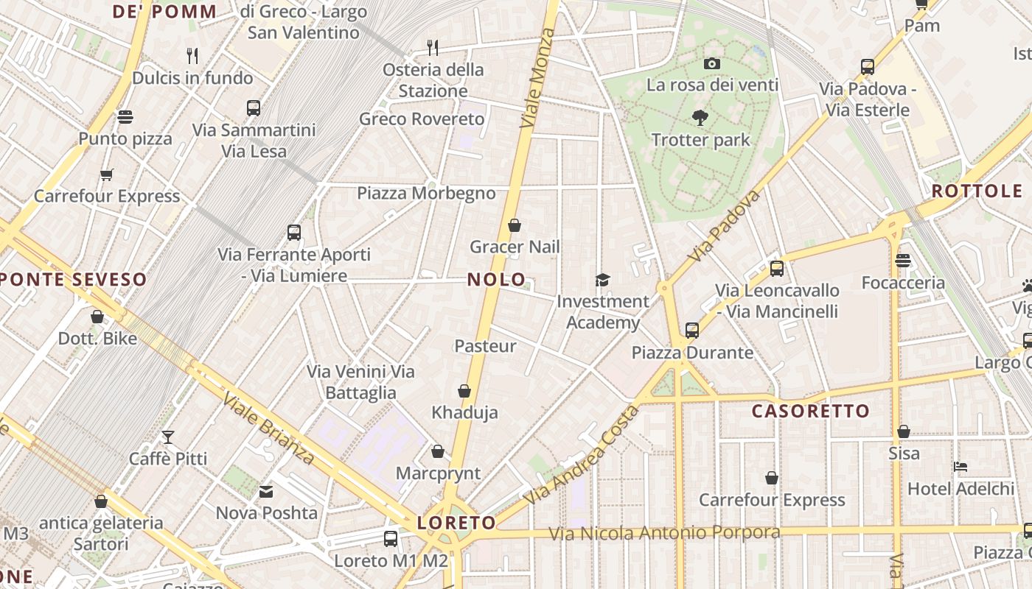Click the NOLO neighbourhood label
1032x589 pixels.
[497, 280]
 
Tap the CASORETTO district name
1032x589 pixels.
[811, 411]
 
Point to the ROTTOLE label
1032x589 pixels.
[977, 191]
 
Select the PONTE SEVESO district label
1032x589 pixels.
[74, 280]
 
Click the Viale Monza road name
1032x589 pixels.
[537, 79]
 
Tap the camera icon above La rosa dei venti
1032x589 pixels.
[711, 64]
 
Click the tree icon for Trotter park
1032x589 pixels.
[700, 117]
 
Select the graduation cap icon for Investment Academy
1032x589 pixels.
[603, 280]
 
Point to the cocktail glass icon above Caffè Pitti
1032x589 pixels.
[168, 437]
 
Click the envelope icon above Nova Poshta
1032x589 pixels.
[266, 491]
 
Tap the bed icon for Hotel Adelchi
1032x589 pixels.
[960, 467]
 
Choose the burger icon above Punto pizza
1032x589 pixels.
[125, 117]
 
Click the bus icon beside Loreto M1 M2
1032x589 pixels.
[391, 539]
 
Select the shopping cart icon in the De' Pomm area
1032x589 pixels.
[107, 174]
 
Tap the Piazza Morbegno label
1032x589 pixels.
[426, 193]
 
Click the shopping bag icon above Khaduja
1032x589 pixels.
[464, 391]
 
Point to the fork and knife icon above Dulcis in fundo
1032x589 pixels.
[192, 55]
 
